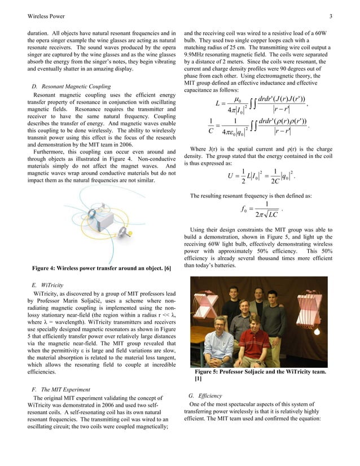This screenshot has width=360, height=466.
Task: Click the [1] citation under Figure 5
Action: (x=199, y=379)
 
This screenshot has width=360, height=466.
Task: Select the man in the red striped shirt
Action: (x=253, y=346)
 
